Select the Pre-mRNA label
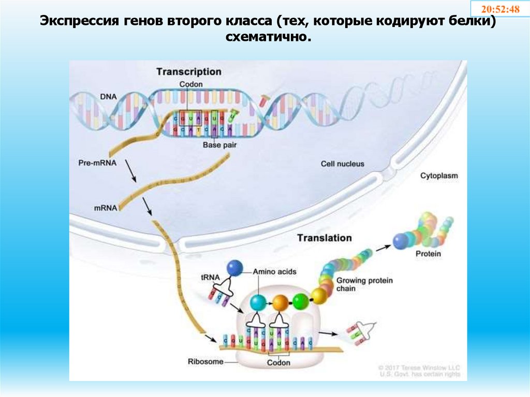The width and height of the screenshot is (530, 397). pyautogui.click(x=97, y=163)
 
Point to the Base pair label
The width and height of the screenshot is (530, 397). pyautogui.click(x=219, y=145)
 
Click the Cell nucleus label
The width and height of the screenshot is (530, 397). pyautogui.click(x=342, y=164)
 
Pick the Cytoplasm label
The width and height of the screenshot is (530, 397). pyautogui.click(x=439, y=176)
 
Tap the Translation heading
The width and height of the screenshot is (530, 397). pyautogui.click(x=324, y=238)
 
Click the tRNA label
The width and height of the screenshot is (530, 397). pyautogui.click(x=209, y=277)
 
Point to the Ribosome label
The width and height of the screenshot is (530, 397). pyautogui.click(x=205, y=361)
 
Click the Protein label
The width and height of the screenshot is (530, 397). pyautogui.click(x=428, y=254)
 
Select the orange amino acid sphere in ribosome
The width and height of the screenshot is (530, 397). pyautogui.click(x=280, y=301)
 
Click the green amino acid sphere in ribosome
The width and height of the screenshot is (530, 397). pyautogui.click(x=300, y=300)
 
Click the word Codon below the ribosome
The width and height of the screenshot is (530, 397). pyautogui.click(x=278, y=363)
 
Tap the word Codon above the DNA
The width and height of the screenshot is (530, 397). pyautogui.click(x=191, y=84)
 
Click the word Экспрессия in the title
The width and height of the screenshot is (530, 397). pyautogui.click(x=80, y=22)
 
